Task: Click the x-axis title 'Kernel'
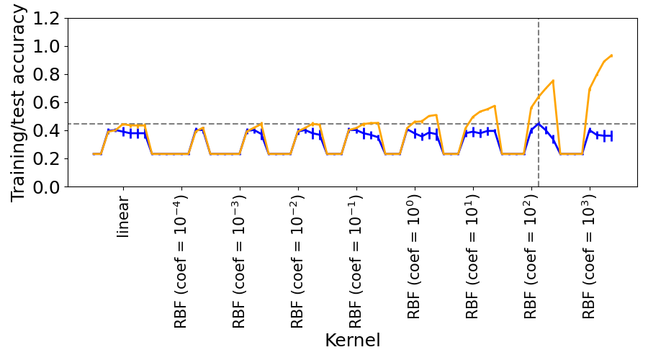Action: (x=352, y=341)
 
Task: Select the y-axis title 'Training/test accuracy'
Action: (x=19, y=103)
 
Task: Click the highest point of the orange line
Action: (x=611, y=55)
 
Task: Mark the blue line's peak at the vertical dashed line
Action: (x=539, y=124)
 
